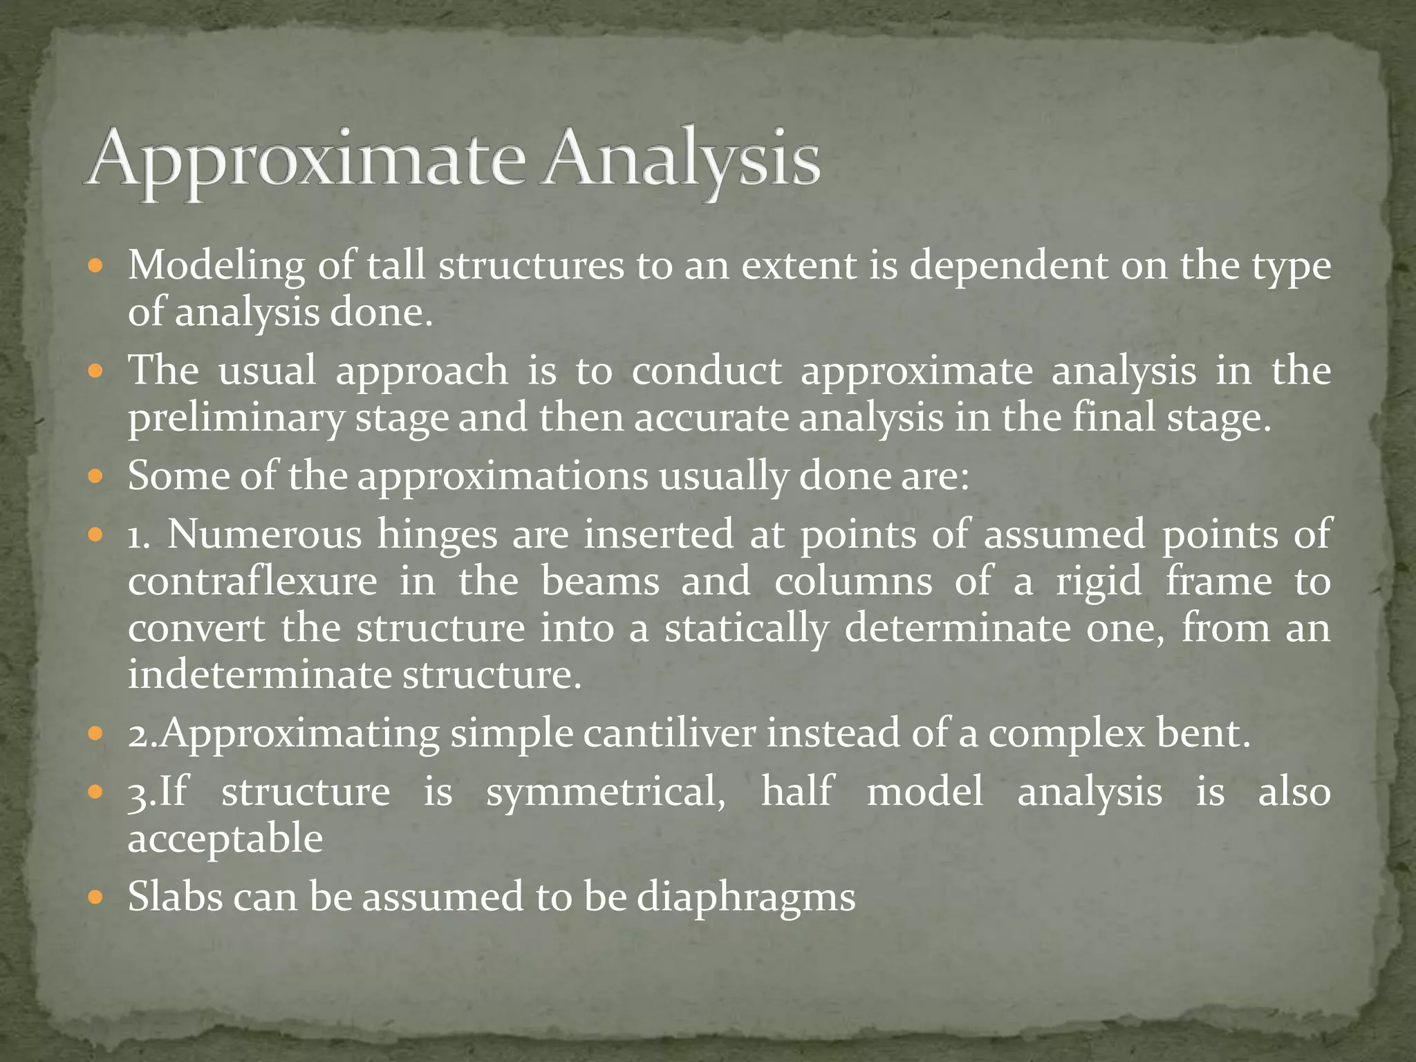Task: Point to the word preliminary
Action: (235, 419)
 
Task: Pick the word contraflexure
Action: (252, 581)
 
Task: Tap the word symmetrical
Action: (606, 792)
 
